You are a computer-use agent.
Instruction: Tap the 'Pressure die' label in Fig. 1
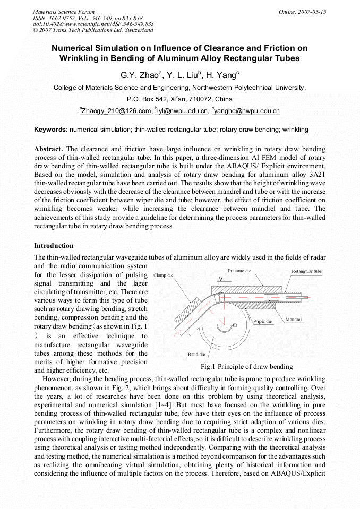coord(239,271)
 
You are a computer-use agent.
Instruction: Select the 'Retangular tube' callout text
coord(306,271)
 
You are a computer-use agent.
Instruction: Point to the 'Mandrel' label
coord(294,320)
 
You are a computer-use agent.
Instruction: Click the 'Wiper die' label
coord(263,321)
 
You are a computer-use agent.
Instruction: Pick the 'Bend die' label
coord(196,354)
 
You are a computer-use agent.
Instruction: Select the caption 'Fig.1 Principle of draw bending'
coord(246,367)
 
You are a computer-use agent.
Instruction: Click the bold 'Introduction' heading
coord(54,246)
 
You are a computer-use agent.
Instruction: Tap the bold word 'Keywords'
coord(50,130)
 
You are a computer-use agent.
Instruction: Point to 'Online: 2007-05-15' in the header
coord(303,12)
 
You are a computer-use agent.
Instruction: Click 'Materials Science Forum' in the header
coord(63,12)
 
